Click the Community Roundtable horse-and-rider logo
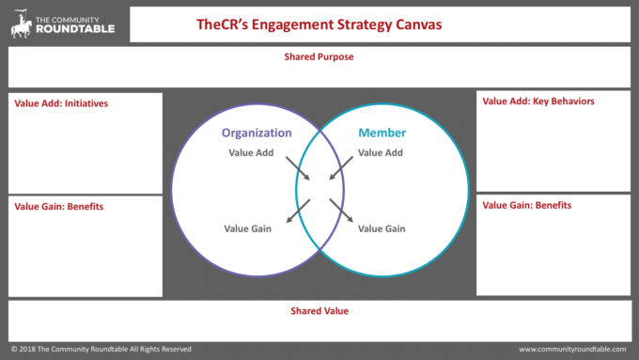21,23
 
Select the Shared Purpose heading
319,56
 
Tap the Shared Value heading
319,310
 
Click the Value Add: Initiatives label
59,103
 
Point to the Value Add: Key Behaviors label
538,101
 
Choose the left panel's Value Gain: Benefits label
59,206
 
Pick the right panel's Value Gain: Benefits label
527,205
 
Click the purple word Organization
257,133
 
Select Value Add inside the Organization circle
251,152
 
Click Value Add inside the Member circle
382,152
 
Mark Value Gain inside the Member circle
382,228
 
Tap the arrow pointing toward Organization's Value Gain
297,211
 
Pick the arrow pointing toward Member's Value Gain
342,211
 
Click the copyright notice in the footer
101,349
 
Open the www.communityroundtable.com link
572,349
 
